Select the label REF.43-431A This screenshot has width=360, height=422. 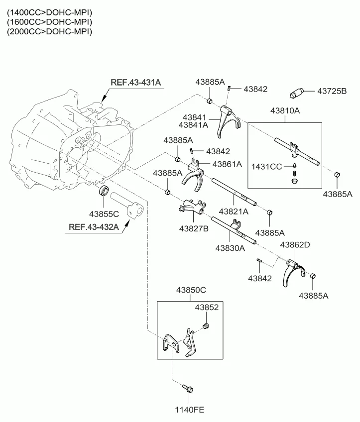136,83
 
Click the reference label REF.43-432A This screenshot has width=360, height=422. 94,227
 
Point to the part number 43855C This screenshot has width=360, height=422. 104,214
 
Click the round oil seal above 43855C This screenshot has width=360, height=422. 103,190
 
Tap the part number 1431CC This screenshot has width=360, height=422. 267,166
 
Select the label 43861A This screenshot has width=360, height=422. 227,164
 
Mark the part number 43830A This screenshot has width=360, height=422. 230,247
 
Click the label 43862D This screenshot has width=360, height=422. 295,245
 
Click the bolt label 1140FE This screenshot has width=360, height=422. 190,410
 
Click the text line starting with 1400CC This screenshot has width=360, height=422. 49,12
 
